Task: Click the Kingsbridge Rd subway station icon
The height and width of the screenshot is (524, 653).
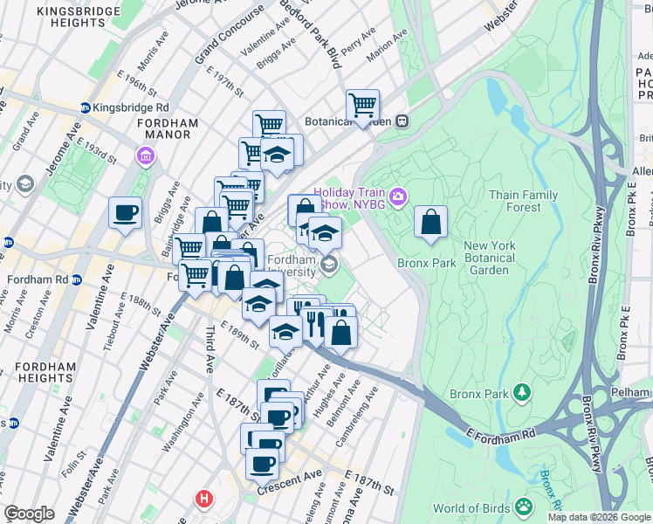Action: coord(85,108)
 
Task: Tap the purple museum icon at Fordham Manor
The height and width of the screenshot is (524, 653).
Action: coord(144,156)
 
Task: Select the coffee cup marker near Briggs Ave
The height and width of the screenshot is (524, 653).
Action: coord(126,212)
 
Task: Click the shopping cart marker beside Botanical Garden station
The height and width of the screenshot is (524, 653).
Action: coord(362,106)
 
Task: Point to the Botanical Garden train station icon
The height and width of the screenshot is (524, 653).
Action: coord(402,121)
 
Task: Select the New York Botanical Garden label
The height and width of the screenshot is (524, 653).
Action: coord(498,258)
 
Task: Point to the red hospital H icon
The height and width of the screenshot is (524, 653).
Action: coord(204,499)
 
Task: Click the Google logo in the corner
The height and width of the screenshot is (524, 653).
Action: coord(30,514)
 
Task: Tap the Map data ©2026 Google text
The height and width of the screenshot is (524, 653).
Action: coord(598,517)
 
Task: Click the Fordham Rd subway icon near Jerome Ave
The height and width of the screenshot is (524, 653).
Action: coord(76,280)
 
